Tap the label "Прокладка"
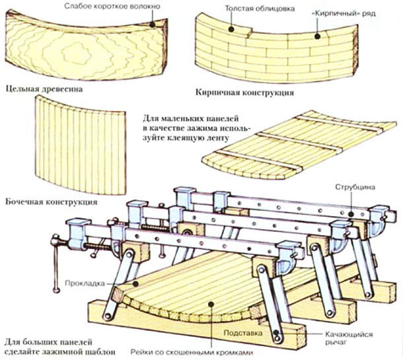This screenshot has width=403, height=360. (81, 283)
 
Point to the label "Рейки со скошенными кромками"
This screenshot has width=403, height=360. (192, 352)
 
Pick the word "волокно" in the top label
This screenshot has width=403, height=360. (143, 6)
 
